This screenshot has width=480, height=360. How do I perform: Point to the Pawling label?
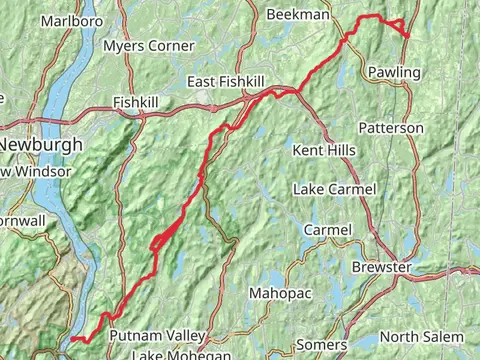click(394, 72)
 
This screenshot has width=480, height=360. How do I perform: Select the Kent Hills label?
click(324, 150)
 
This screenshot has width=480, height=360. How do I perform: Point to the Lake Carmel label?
click(334, 189)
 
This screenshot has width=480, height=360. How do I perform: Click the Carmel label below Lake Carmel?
click(328, 230)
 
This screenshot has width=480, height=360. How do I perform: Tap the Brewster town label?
click(381, 268)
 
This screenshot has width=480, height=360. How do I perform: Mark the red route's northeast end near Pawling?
click(407, 36)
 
